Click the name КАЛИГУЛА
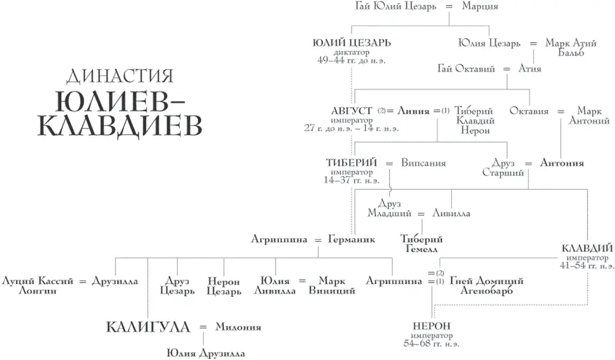coord(147,327)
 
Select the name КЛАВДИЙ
coord(587,248)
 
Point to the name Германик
coord(351,239)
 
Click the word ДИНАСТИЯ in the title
coord(120,77)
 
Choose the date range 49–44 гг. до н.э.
coord(352,60)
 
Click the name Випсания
coord(424,163)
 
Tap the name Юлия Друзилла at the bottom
coord(205,352)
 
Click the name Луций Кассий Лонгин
coord(38,285)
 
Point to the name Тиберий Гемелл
coord(421,244)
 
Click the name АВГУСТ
coord(352,110)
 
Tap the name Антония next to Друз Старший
coord(561,163)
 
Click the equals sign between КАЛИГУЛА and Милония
coord(203,327)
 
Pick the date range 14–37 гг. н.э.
coord(352,181)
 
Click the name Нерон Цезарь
coord(224,285)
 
